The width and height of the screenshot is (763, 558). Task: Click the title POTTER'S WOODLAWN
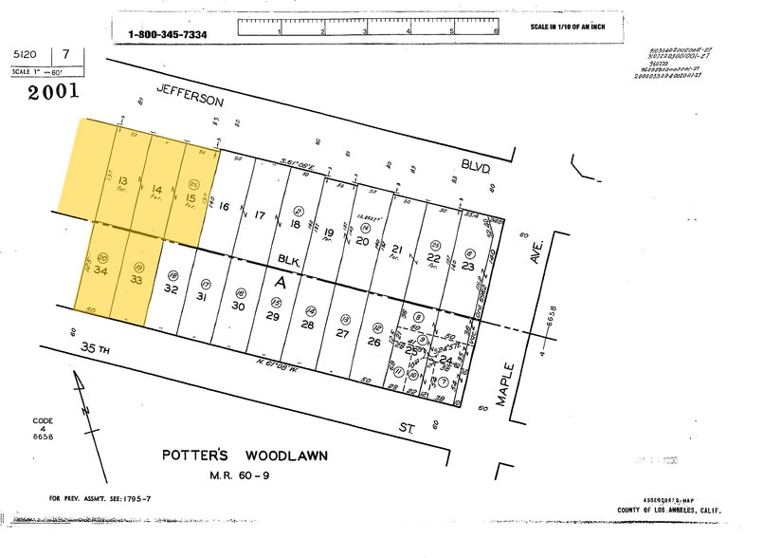pyautogui.click(x=246, y=456)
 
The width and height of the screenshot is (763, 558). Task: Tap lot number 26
pyautogui.click(x=374, y=342)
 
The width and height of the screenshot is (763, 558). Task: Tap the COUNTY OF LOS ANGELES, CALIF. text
pyautogui.click(x=669, y=511)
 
